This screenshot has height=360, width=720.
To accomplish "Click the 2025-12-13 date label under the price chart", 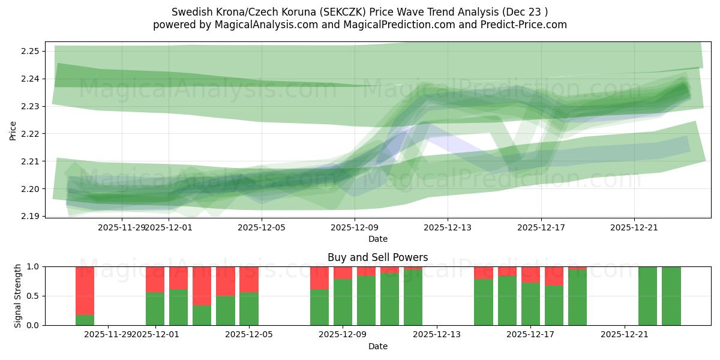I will click(x=448, y=227).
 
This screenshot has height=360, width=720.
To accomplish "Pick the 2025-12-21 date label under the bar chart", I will click(x=625, y=334).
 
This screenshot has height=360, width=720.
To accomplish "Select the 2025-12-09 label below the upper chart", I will click(x=354, y=227).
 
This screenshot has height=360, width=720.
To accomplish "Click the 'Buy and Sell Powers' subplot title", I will click(x=377, y=257).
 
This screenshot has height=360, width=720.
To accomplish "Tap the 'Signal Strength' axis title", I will click(x=17, y=295).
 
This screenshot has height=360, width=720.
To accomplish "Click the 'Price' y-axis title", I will click(x=13, y=130).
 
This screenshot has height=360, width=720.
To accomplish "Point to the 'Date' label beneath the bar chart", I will click(x=377, y=346).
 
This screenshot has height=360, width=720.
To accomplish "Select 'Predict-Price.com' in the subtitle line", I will click(x=526, y=25).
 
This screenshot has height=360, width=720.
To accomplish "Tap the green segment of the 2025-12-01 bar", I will click(x=155, y=308).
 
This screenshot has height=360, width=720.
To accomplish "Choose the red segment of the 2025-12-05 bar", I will click(x=249, y=279).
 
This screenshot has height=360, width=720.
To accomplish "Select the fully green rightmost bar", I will click(x=671, y=296).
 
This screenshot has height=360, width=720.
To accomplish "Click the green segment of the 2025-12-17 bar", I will click(x=530, y=304).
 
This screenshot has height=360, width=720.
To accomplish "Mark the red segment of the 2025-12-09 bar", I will click(x=343, y=272).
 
